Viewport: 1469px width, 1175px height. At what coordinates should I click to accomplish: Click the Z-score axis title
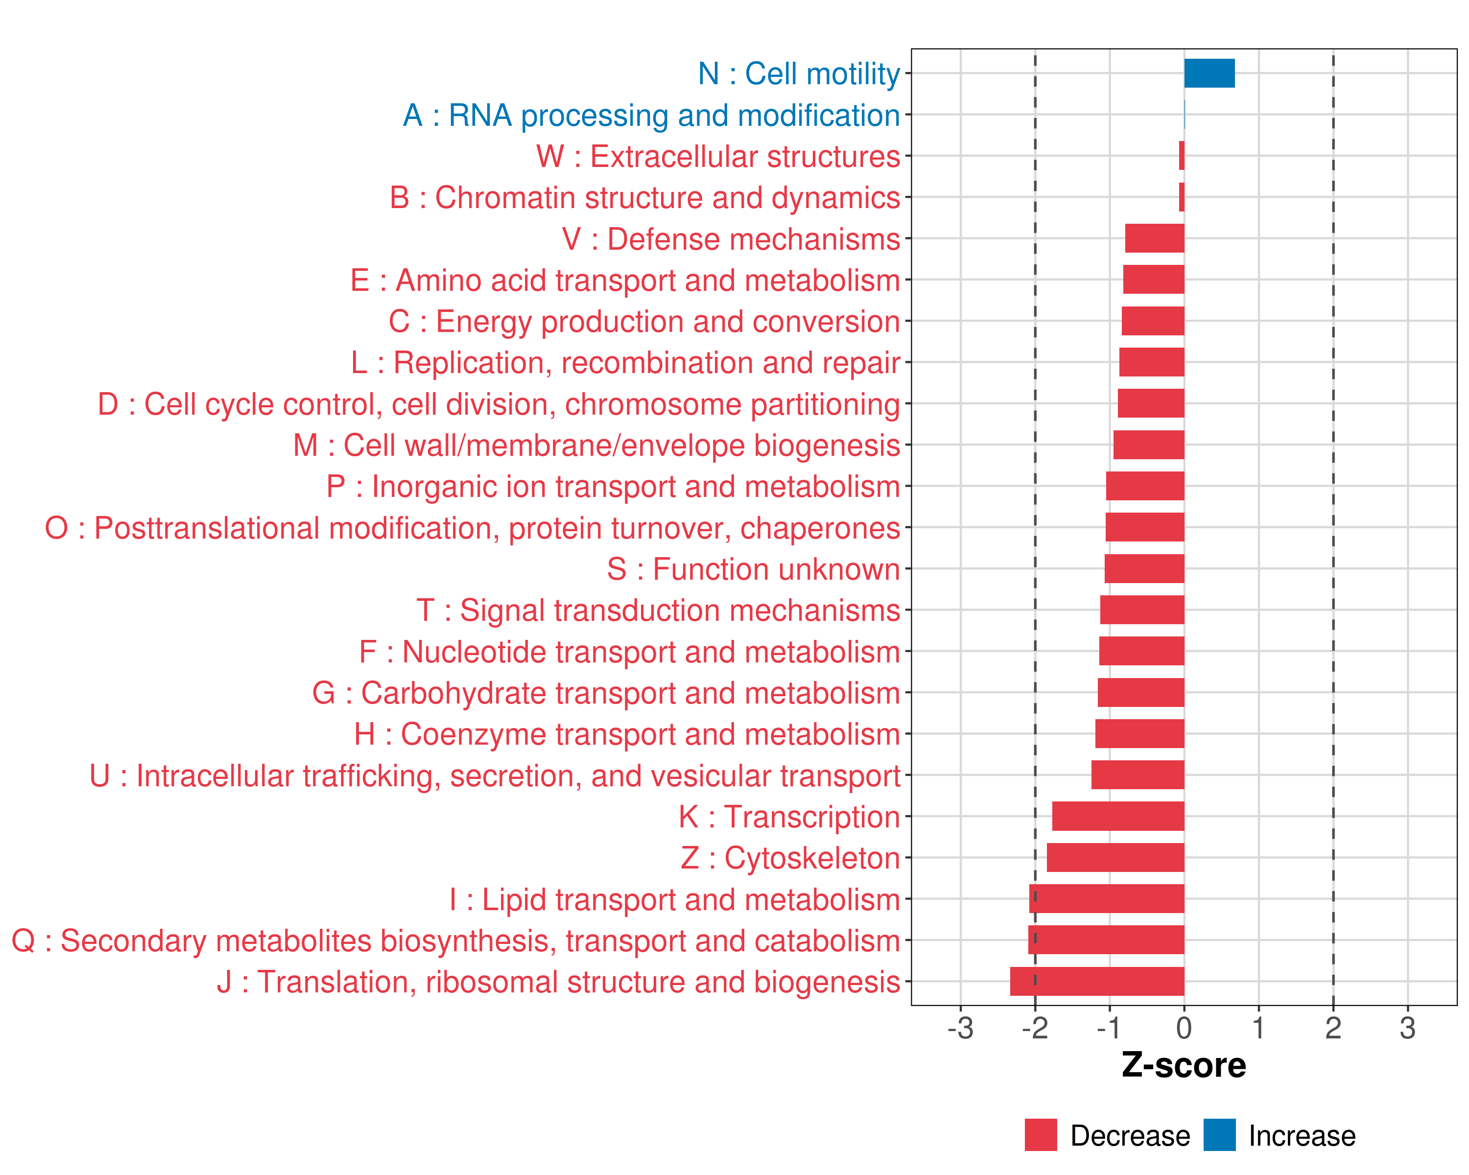(1184, 1065)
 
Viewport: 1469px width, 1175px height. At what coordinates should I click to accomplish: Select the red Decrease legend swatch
(1041, 1135)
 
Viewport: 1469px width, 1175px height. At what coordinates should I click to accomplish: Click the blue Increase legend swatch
(1219, 1135)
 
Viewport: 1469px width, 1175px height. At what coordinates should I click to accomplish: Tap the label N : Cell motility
(799, 73)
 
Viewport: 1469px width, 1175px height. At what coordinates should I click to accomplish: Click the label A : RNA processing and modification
(651, 115)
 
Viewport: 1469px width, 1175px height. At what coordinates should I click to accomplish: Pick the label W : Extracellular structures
(718, 157)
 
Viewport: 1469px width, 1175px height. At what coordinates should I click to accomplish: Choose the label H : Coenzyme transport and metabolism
(627, 734)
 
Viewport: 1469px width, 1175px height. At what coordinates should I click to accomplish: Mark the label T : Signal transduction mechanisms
(658, 611)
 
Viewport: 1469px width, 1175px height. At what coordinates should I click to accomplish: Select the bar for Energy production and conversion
(1152, 321)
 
